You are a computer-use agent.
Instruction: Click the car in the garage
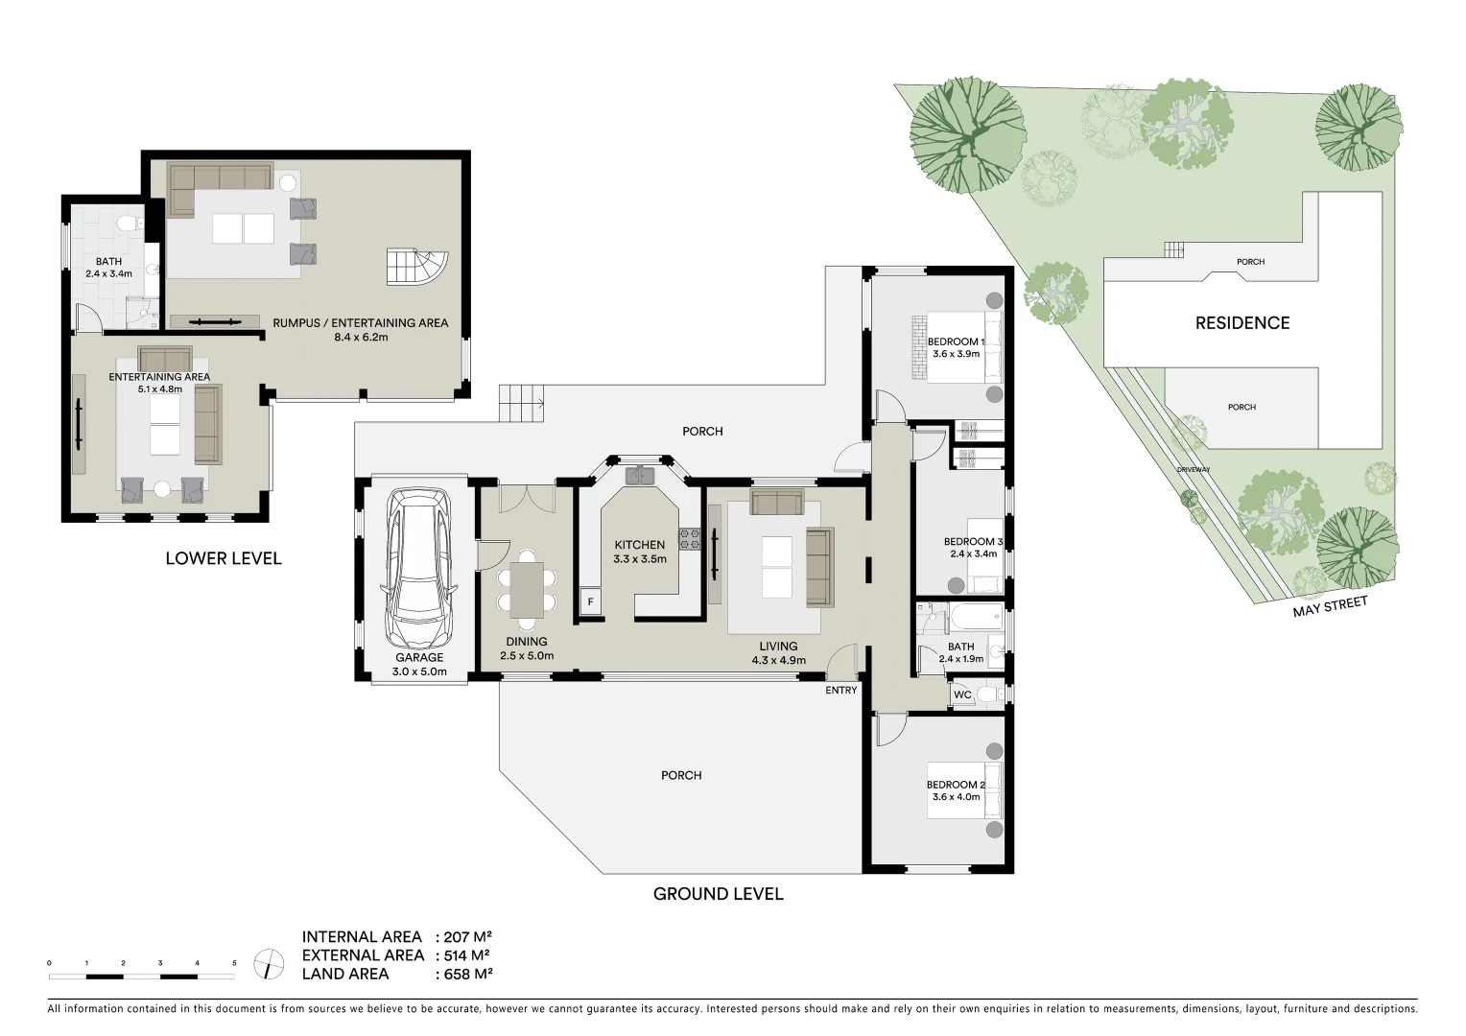click(x=419, y=570)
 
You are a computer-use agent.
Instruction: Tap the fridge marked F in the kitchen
click(x=591, y=601)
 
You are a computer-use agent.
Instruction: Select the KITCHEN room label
click(x=639, y=545)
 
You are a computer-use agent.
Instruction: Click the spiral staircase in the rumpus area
click(x=417, y=267)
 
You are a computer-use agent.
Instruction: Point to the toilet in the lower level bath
click(x=126, y=225)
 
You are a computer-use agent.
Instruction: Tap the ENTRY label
click(x=840, y=690)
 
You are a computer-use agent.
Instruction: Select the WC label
click(x=962, y=695)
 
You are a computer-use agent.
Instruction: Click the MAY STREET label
click(x=1329, y=606)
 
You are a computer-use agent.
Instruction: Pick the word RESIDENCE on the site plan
click(x=1241, y=323)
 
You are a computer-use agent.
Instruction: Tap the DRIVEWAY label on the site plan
click(x=1194, y=470)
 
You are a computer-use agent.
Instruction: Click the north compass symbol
click(x=269, y=963)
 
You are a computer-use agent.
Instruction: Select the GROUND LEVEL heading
click(x=718, y=894)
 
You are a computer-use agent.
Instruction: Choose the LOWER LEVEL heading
click(x=224, y=558)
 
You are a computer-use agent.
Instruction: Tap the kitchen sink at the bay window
click(x=639, y=475)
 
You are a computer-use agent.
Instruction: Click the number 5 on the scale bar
click(x=234, y=962)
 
